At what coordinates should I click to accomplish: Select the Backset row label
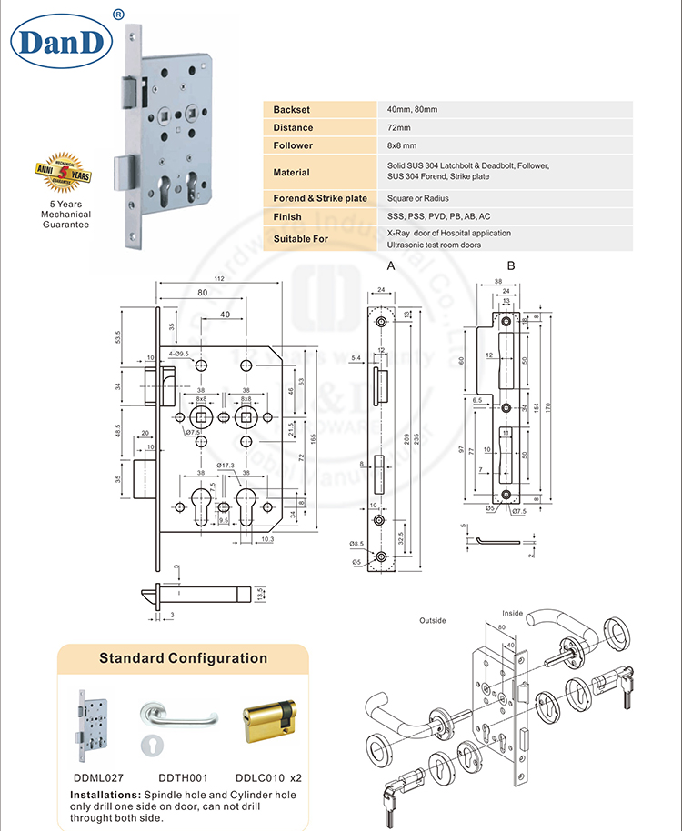pos(292,109)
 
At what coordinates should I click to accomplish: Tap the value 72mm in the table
pos(398,127)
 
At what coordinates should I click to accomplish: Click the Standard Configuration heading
pos(183,658)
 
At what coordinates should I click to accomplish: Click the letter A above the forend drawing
pos(390,266)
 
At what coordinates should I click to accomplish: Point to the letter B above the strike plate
pos(510,266)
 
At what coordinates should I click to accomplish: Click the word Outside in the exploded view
pos(432,620)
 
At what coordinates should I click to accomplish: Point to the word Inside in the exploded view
pos(512,613)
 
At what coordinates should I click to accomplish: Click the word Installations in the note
pos(105,794)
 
